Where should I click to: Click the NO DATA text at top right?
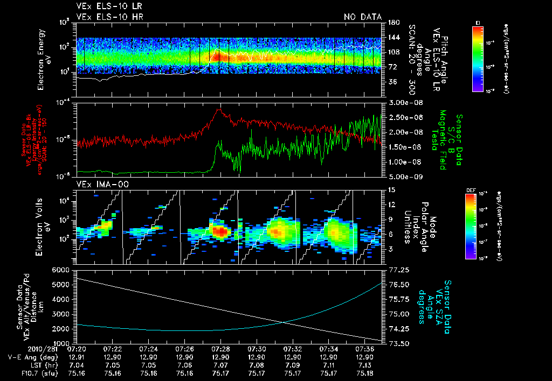363,17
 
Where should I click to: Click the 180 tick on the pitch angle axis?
393,23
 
